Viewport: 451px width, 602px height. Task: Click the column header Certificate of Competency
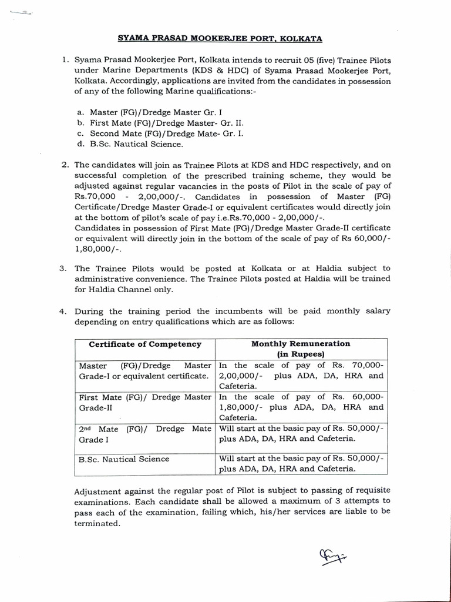pos(144,345)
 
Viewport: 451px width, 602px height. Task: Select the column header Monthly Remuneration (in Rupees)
pos(301,349)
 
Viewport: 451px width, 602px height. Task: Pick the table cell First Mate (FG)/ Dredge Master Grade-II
pos(144,402)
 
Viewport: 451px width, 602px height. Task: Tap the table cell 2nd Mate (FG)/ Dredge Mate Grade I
pos(144,434)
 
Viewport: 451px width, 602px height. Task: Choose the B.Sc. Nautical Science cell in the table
pos(124,459)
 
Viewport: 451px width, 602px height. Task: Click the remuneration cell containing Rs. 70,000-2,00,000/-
pos(301,375)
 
